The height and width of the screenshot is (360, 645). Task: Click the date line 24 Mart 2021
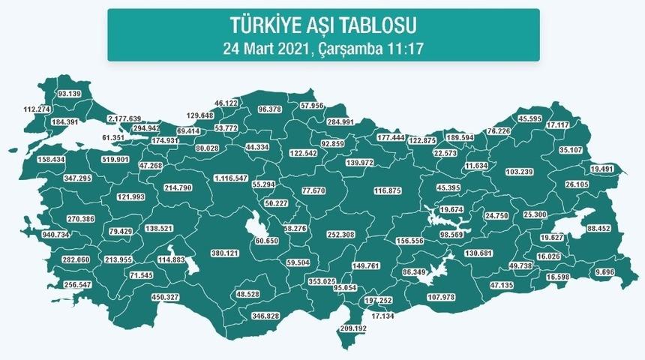click(x=322, y=48)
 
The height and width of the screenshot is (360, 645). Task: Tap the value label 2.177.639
click(x=124, y=119)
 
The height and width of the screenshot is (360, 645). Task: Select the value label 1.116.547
click(x=231, y=178)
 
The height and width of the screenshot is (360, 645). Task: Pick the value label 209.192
click(x=357, y=328)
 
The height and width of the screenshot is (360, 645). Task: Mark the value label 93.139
click(x=69, y=94)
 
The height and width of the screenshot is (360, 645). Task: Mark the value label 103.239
click(x=520, y=172)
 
